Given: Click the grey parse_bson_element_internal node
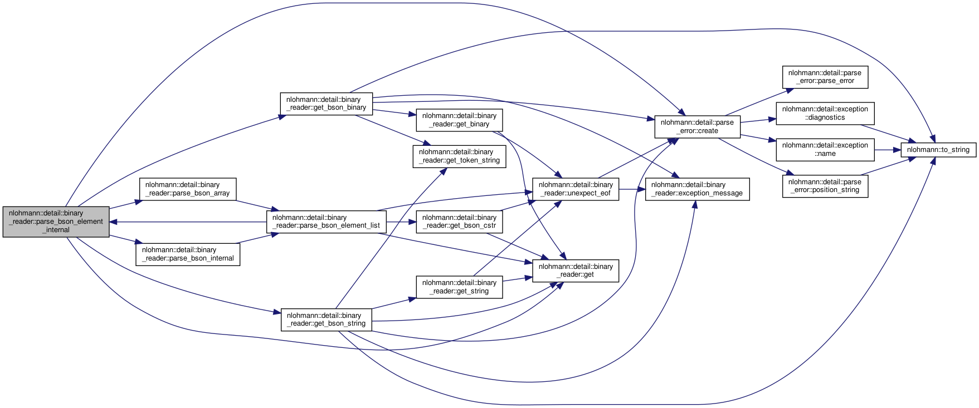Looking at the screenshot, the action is pyautogui.click(x=56, y=222).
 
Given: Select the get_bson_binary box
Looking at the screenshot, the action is pyautogui.click(x=326, y=104).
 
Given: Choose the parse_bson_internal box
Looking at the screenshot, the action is pyautogui.click(x=188, y=254).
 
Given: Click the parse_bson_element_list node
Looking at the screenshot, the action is pyautogui.click(x=326, y=222).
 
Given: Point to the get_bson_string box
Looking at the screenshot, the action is pyautogui.click(x=326, y=319).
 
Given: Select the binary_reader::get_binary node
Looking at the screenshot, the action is pyautogui.click(x=459, y=120).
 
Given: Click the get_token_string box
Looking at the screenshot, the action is pyautogui.click(x=459, y=156).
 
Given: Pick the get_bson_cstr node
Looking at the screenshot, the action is pyautogui.click(x=459, y=222).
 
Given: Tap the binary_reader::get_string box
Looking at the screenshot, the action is pyautogui.click(x=459, y=287).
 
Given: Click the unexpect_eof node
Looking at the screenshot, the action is pyautogui.click(x=576, y=189).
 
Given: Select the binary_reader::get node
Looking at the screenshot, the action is pyautogui.click(x=576, y=271).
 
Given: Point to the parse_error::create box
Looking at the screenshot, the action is pyautogui.click(x=697, y=127).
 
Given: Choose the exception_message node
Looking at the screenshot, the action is pyautogui.click(x=697, y=189).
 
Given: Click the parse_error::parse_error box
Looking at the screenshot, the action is pyautogui.click(x=825, y=77).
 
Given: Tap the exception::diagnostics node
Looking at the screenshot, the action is pyautogui.click(x=825, y=114).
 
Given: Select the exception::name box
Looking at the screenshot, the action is pyautogui.click(x=825, y=150).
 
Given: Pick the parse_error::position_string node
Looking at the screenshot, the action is pyautogui.click(x=825, y=186).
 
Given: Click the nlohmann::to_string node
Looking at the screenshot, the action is pyautogui.click(x=938, y=150).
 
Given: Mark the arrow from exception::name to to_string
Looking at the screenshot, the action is pyautogui.click(x=887, y=150).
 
